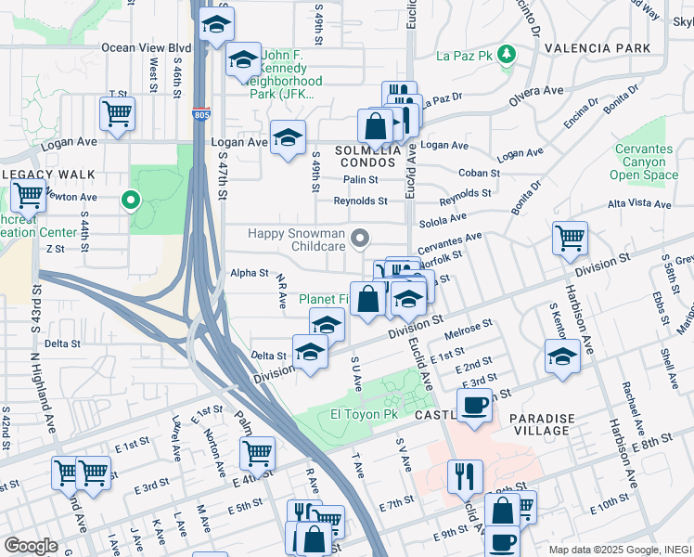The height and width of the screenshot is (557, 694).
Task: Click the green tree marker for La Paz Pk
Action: pos(506,56)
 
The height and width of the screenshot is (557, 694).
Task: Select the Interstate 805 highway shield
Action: pos(202,114)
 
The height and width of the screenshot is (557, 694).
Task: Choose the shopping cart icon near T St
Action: pos(117,114)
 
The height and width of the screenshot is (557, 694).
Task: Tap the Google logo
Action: pos(30,546)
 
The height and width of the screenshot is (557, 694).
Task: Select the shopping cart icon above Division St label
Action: pos(569,238)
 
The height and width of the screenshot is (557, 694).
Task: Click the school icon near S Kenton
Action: pos(562,356)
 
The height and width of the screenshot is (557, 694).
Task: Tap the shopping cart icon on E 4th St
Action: pos(257,453)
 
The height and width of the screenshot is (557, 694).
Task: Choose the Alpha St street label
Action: pos(249,274)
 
